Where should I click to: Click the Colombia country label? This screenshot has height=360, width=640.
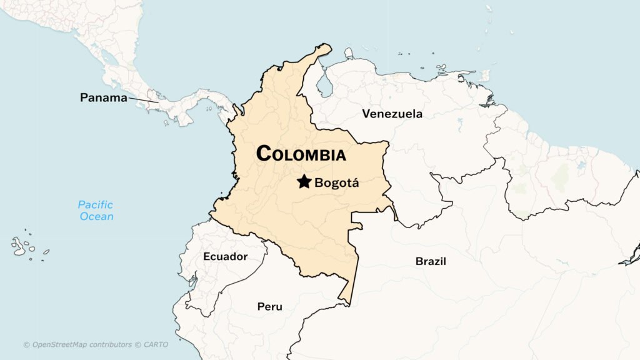[x=301, y=154]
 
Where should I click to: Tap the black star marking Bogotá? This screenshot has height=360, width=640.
[x=304, y=182]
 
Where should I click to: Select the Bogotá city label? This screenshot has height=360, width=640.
[x=337, y=183]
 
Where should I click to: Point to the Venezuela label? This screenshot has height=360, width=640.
[x=392, y=114]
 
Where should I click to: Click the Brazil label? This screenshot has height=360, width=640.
[x=431, y=261]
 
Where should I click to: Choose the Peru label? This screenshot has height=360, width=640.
[x=269, y=307]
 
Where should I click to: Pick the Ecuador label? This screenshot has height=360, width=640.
[x=225, y=257]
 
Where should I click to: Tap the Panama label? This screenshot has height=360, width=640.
[x=104, y=98]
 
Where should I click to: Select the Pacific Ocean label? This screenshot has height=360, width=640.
[x=96, y=211]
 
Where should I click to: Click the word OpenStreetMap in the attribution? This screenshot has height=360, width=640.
[x=59, y=344]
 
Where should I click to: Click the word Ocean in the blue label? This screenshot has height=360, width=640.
[x=97, y=217]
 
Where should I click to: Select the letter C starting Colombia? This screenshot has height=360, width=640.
[x=264, y=153]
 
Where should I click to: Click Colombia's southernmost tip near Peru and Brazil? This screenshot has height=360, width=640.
[x=349, y=304]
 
